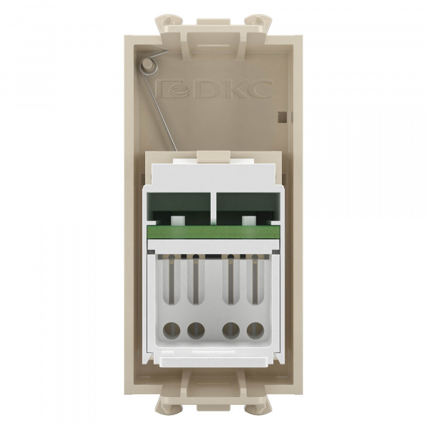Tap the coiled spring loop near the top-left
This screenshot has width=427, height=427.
coord(148,65)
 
